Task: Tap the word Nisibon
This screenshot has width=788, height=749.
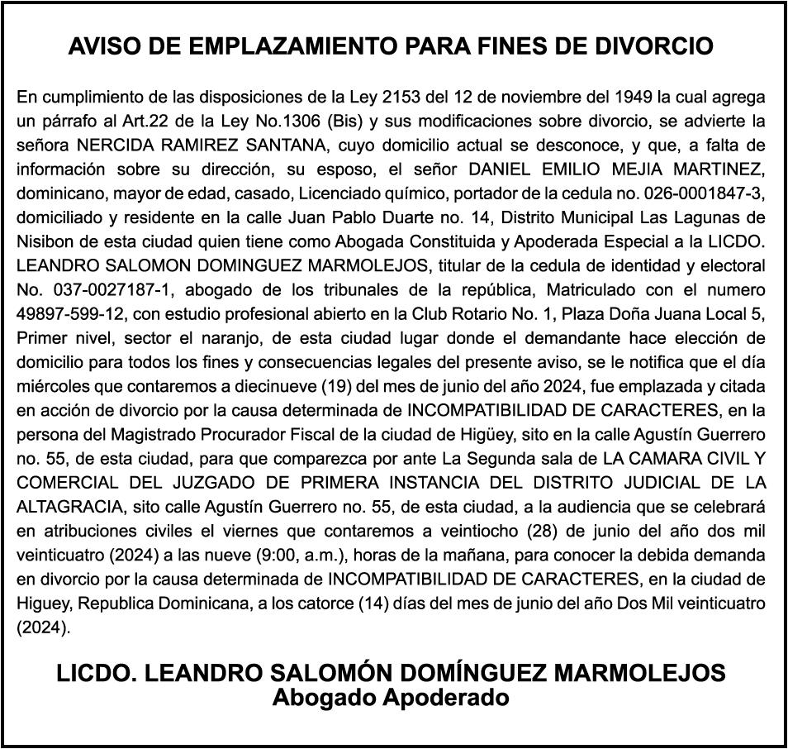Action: tap(44, 242)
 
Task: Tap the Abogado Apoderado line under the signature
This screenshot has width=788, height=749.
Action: tap(391, 697)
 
